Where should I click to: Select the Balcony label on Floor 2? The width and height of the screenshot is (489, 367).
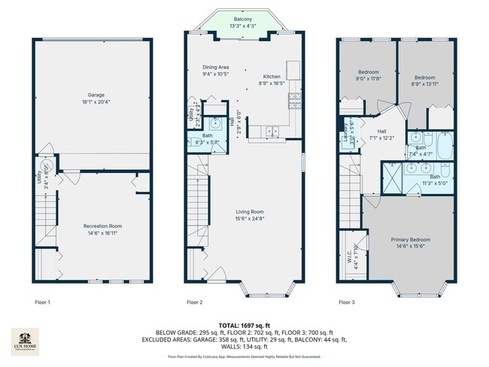tap(242, 19)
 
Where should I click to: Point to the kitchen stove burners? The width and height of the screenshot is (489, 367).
tap(296, 99)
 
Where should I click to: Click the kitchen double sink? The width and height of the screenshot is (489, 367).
tap(272, 131)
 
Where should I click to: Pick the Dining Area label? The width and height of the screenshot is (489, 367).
tap(215, 68)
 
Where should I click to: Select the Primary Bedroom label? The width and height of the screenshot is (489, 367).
tap(411, 240)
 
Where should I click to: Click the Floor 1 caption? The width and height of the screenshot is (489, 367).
tap(43, 302)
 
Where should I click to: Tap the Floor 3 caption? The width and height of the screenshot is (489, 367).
tap(345, 302)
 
